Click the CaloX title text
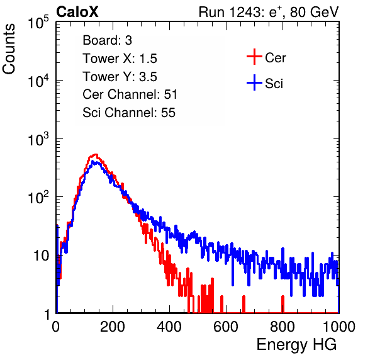(77, 12)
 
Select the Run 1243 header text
(269, 12)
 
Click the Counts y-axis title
(9, 49)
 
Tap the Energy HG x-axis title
(296, 345)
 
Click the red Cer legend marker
(254, 57)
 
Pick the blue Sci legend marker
(254, 82)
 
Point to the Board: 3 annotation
(107, 40)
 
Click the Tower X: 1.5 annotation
(120, 59)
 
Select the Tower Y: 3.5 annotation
(120, 77)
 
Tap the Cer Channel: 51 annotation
(130, 94)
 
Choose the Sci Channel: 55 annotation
(129, 113)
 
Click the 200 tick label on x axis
(113, 327)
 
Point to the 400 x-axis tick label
(169, 327)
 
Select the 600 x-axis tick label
(226, 327)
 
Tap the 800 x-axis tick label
(283, 327)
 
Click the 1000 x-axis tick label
(339, 327)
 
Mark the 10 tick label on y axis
(41, 256)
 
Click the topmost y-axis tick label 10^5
(38, 23)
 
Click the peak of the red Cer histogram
(96, 154)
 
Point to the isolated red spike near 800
(283, 304)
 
